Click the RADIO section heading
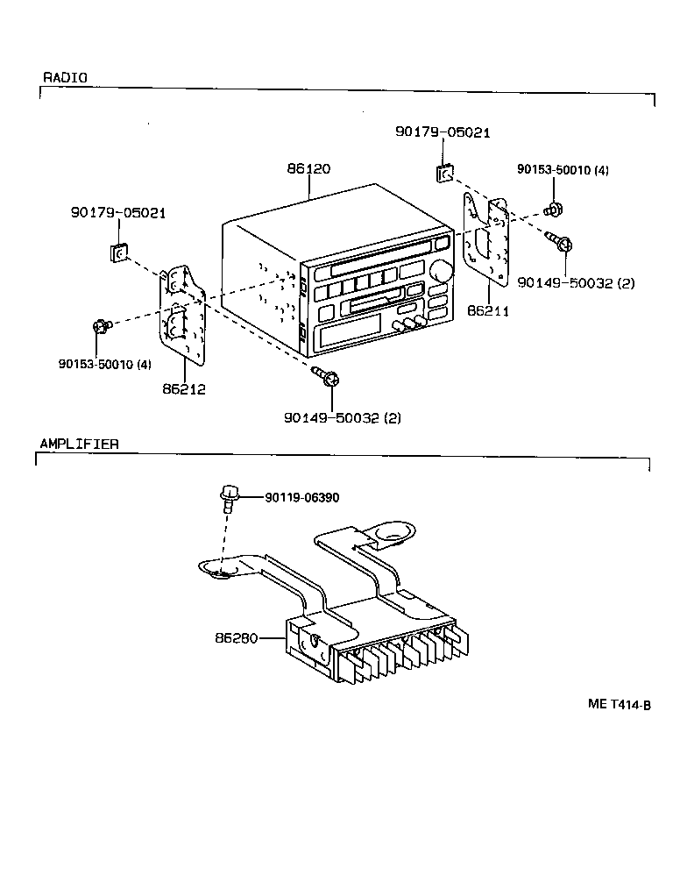pyautogui.click(x=65, y=77)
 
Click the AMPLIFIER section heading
pyautogui.click(x=79, y=444)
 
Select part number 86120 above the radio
pyautogui.click(x=308, y=167)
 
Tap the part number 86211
pyautogui.click(x=489, y=310)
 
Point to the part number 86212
pyautogui.click(x=183, y=388)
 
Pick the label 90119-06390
pyautogui.click(x=302, y=497)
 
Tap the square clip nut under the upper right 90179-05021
pyautogui.click(x=445, y=171)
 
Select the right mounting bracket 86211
pyautogui.click(x=485, y=241)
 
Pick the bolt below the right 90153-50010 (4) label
pyautogui.click(x=555, y=210)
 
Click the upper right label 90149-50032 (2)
pyautogui.click(x=576, y=282)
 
